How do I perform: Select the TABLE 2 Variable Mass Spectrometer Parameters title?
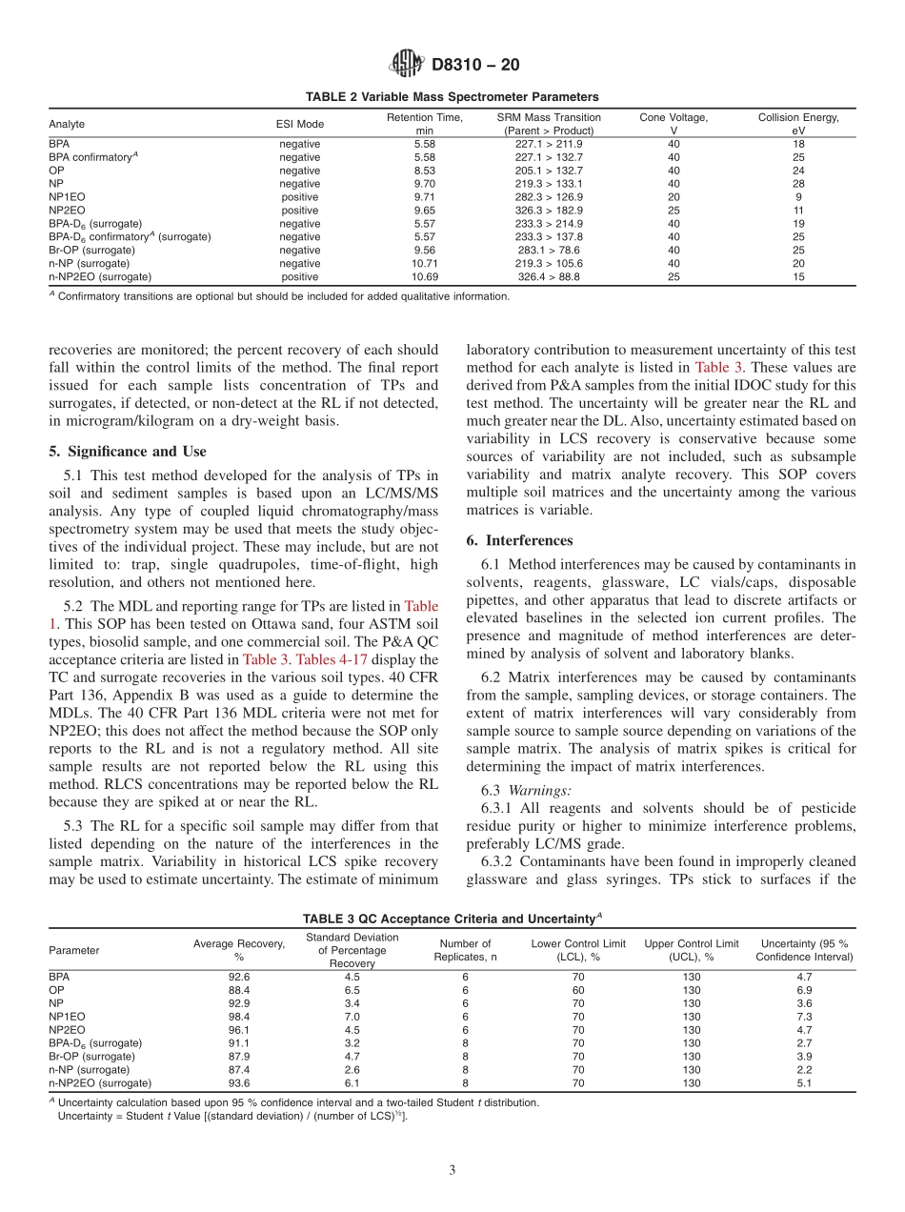pyautogui.click(x=452, y=97)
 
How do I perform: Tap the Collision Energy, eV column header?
pyautogui.click(x=797, y=124)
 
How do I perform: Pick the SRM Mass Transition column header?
pyautogui.click(x=549, y=124)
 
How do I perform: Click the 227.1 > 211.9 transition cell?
pyautogui.click(x=549, y=144)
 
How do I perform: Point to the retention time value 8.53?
pyautogui.click(x=424, y=171)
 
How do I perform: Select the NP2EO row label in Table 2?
pyautogui.click(x=64, y=210)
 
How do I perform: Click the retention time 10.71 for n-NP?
pyautogui.click(x=424, y=263)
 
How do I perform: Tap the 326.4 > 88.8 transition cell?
pyautogui.click(x=549, y=276)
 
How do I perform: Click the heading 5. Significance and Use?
pyautogui.click(x=127, y=452)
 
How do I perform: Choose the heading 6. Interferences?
pyautogui.click(x=519, y=540)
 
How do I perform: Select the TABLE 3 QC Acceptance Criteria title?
pyautogui.click(x=452, y=919)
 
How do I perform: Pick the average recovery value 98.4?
pyautogui.click(x=239, y=1017)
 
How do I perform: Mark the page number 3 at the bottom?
pyautogui.click(x=452, y=1171)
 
